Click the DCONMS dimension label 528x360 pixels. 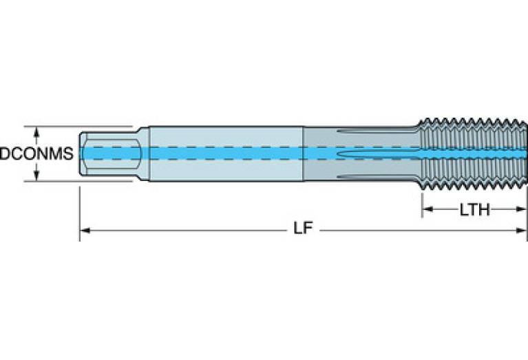36,154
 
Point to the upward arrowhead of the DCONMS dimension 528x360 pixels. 36,131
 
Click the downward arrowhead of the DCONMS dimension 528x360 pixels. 36,177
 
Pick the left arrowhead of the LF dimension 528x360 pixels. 85,230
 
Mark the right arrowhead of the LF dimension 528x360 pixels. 522,230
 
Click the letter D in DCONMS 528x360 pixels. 4,154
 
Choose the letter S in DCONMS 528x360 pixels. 68,154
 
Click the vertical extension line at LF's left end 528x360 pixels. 80,213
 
